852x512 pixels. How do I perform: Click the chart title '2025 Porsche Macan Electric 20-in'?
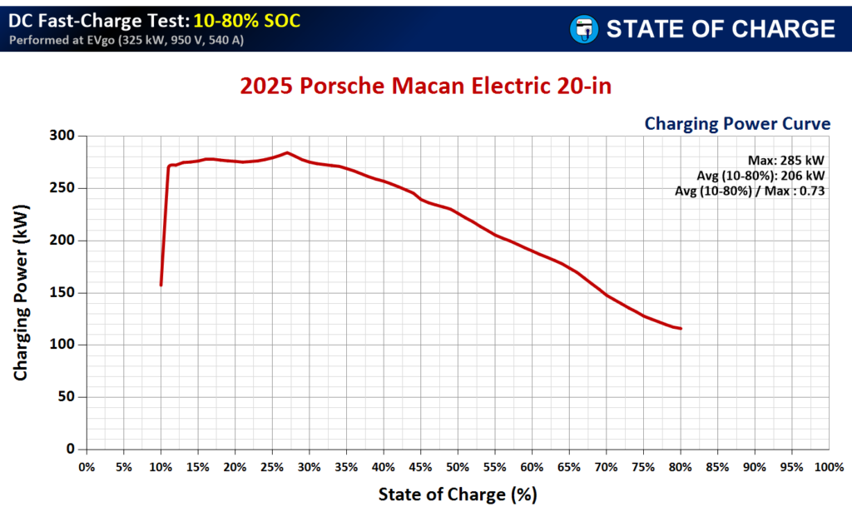click(426, 87)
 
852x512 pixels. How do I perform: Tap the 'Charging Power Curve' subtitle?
click(737, 124)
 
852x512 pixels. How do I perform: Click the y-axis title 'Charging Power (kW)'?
click(21, 291)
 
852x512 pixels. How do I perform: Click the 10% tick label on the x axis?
click(161, 467)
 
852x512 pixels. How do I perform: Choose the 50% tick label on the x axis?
click(458, 467)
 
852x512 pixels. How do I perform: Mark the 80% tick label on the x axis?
click(681, 467)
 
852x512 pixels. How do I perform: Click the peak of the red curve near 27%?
click(287, 152)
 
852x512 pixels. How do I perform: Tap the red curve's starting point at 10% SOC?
click(161, 285)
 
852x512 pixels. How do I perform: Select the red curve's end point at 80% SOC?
click(681, 329)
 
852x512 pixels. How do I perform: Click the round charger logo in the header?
click(582, 29)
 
